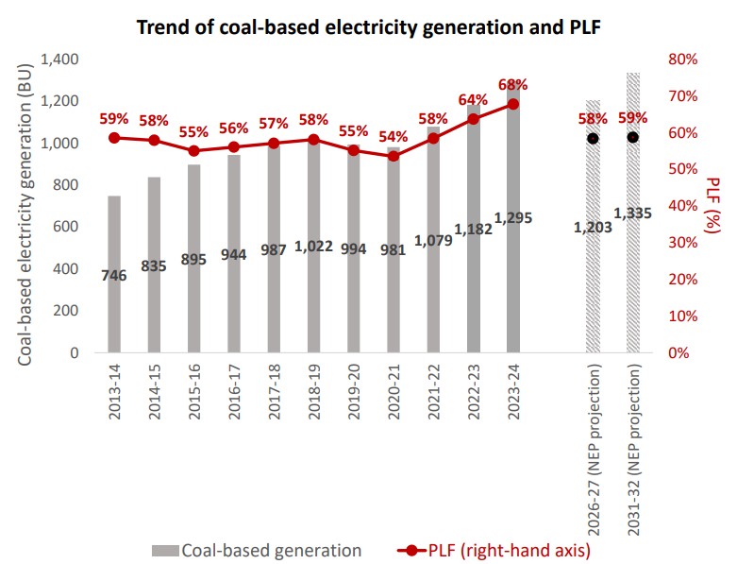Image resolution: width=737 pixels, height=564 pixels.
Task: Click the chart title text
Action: click(369, 26)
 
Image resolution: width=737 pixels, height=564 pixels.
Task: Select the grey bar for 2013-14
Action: click(114, 283)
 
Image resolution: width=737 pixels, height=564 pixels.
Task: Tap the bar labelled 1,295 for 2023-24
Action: click(512, 283)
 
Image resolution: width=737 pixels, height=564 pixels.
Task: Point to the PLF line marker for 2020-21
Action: click(394, 156)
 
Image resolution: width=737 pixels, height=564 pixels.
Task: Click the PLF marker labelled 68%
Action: click(512, 104)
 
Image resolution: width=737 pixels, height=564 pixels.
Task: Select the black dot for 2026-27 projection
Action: click(593, 138)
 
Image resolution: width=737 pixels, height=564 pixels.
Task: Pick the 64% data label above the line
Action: click(473, 100)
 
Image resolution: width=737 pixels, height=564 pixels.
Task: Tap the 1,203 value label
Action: click(593, 227)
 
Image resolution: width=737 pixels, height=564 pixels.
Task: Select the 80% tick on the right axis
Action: click(680, 60)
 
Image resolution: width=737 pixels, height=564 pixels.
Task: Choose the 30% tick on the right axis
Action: click(680, 243)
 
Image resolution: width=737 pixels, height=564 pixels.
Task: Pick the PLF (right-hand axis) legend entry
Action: click(497, 550)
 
